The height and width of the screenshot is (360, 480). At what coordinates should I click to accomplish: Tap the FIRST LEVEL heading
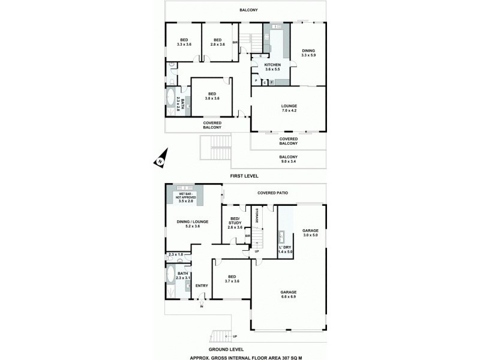[244, 176]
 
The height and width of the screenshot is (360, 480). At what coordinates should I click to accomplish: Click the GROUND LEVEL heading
[226, 349]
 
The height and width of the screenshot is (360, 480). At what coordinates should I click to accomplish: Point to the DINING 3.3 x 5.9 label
[308, 53]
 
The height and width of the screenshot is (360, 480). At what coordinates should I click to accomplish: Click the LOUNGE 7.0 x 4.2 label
[289, 109]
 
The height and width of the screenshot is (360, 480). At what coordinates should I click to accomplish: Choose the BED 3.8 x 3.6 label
[212, 97]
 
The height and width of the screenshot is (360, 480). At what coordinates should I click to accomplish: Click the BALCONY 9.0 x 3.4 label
[289, 159]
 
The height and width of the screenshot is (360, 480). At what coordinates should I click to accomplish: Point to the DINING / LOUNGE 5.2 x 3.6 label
[192, 224]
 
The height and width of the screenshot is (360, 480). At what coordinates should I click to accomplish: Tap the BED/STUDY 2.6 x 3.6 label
[235, 223]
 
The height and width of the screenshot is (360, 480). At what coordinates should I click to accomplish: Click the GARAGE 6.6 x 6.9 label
[289, 294]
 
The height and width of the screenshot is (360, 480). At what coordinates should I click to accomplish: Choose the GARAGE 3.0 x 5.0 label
[310, 233]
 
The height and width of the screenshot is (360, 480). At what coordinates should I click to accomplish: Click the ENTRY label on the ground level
[202, 286]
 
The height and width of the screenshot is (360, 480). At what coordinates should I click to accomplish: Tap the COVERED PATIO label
[273, 193]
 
